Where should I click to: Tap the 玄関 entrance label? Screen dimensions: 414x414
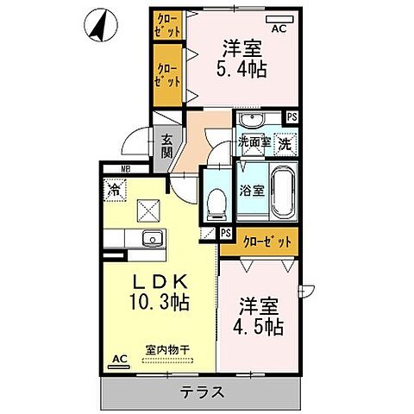coord(166,146)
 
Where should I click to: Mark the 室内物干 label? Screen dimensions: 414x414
coord(167,349)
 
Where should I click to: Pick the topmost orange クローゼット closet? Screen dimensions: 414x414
coord(167,24)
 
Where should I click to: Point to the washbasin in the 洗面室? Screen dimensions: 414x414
coord(254,120)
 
